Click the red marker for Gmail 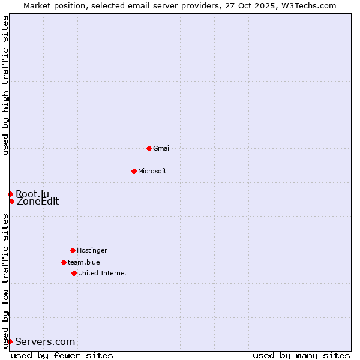149,148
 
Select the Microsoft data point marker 134,171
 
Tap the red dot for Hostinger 73,250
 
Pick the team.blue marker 64,262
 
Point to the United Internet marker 74,273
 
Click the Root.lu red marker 10,194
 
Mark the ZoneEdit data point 11,201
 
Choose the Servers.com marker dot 10,341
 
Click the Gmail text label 162,148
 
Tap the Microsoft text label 152,171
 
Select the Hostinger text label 92,250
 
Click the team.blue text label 84,262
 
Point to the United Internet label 103,273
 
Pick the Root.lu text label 32,194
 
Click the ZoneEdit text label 38,202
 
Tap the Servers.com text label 45,342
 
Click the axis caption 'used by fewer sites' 62,355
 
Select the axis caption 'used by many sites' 301,355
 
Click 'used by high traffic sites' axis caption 5,86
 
